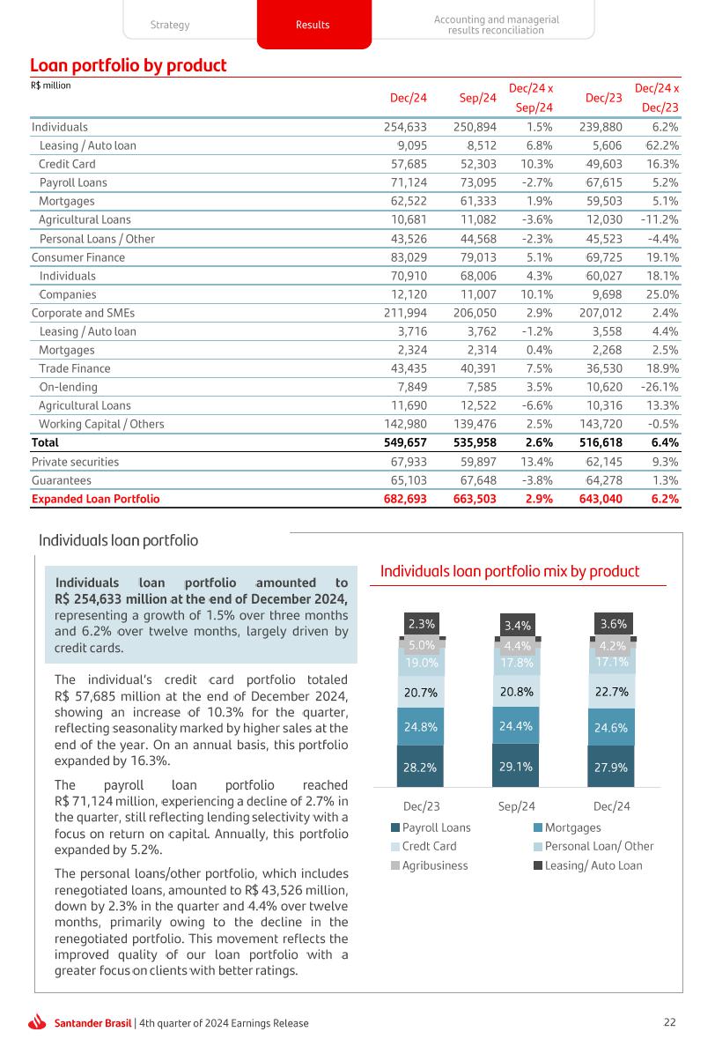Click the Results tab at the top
[x=313, y=25]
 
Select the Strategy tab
[x=169, y=25]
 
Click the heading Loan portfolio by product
[x=129, y=66]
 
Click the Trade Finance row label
[x=75, y=368]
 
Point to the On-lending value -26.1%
[x=659, y=387]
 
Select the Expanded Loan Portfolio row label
[x=96, y=499]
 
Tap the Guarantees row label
[x=61, y=480]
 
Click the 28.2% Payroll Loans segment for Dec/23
[x=421, y=767]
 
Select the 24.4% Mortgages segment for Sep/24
[x=516, y=726]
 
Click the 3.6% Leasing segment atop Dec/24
[x=613, y=624]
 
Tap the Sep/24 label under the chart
[x=517, y=805]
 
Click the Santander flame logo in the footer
[x=37, y=1023]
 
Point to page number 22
[x=670, y=1022]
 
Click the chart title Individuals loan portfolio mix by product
[x=510, y=572]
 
